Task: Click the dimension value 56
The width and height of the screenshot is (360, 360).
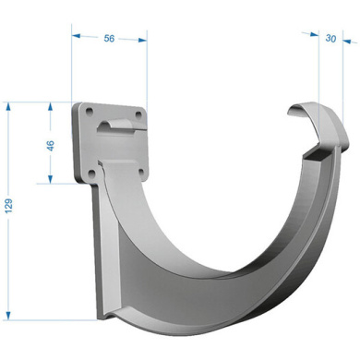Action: pyautogui.click(x=109, y=39)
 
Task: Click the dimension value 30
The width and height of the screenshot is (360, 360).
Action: pyautogui.click(x=330, y=39)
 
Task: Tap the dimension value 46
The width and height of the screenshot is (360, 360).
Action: pyautogui.click(x=51, y=145)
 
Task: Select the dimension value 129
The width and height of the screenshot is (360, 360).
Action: pyautogui.click(x=8, y=206)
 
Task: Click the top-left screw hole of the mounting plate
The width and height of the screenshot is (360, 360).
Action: pyautogui.click(x=90, y=112)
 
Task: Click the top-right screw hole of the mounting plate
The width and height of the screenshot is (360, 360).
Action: pyautogui.click(x=138, y=114)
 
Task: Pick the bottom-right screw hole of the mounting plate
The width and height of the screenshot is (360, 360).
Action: pyautogui.click(x=142, y=173)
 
